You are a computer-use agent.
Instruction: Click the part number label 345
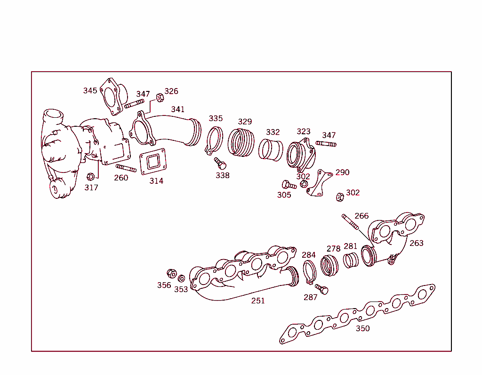(90, 90)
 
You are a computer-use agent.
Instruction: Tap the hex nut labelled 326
(159, 98)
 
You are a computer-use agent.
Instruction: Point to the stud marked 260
(126, 168)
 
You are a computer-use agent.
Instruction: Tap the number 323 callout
(304, 131)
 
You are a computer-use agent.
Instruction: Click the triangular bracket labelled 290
(319, 184)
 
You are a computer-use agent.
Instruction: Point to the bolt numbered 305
(288, 185)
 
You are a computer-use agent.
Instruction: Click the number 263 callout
(416, 243)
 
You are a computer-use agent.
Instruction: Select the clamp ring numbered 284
(309, 273)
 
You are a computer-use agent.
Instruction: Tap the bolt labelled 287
(321, 289)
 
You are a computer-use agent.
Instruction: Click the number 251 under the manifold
(258, 301)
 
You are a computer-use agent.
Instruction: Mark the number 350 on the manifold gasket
(362, 328)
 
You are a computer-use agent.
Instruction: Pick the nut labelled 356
(172, 273)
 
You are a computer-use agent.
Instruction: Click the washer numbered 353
(182, 278)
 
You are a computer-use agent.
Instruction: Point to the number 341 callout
(178, 109)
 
